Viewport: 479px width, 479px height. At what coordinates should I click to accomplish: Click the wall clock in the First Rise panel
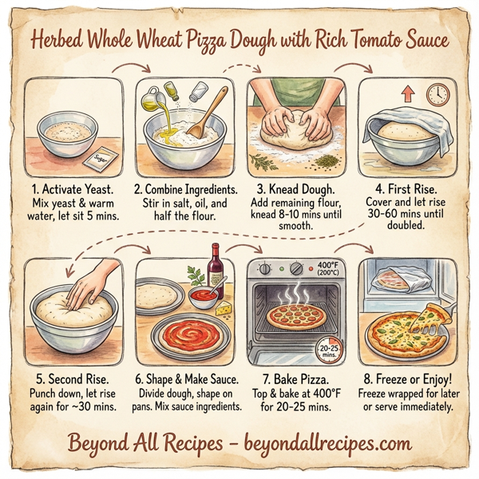tap(437, 94)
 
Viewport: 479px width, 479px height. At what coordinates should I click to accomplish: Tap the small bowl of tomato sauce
tap(204, 299)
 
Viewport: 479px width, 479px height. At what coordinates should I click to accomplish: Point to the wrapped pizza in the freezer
tap(399, 279)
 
